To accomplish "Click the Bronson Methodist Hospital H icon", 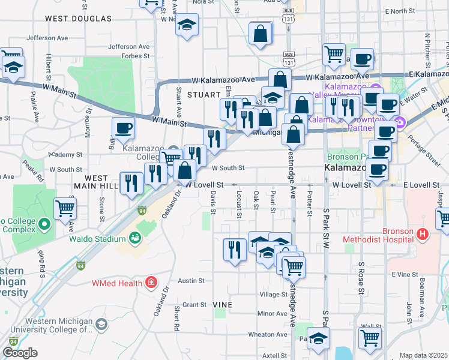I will pyautogui.click(x=423, y=233).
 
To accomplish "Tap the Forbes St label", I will pyautogui.click(x=135, y=56).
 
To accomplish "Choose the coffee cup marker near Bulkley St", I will pyautogui.click(x=123, y=127).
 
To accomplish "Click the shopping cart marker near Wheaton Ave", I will pyautogui.click(x=370, y=337).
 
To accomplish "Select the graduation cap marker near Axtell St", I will pyautogui.click(x=319, y=337).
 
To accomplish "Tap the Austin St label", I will pyautogui.click(x=191, y=280).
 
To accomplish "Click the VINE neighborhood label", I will pyautogui.click(x=221, y=305).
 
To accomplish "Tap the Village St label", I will pyautogui.click(x=273, y=295).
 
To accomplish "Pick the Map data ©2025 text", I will pyautogui.click(x=423, y=355).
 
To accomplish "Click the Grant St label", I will pyautogui.click(x=194, y=305).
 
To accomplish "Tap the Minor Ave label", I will pyautogui.click(x=272, y=314).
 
